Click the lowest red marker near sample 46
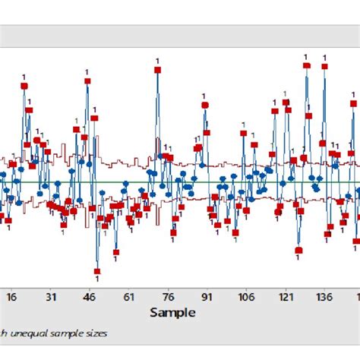pyautogui.click(x=97, y=270)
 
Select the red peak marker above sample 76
pyautogui.click(x=158, y=69)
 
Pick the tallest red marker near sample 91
pyautogui.click(x=205, y=106)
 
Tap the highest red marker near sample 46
pyautogui.click(x=87, y=81)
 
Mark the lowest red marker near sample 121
pyautogui.click(x=298, y=250)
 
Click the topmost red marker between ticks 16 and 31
pyautogui.click(x=24, y=86)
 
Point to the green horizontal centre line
pyautogui.click(x=228, y=182)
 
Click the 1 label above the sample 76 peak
pyautogui.click(x=158, y=60)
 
